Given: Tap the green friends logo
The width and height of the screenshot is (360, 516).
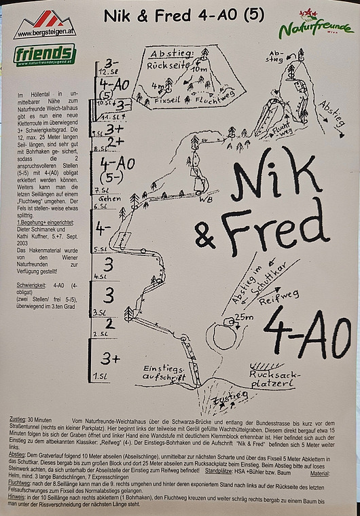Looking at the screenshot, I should point(45,55).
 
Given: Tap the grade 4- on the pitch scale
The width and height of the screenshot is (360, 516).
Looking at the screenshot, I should point(103,229).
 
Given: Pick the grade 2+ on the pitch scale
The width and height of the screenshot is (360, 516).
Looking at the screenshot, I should point(113,141).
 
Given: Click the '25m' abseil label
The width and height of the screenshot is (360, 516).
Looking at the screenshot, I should point(243,317).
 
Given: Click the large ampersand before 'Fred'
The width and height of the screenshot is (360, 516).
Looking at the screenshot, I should point(204,235).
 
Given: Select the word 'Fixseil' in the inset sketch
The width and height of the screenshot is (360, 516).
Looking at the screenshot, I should point(166,100).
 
